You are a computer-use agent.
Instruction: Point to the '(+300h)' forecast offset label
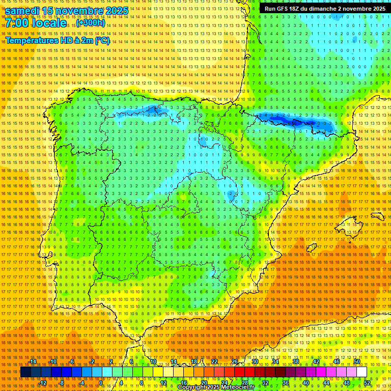pyautogui.click(x=91, y=23)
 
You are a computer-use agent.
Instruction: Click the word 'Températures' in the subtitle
pyautogui.click(x=31, y=40)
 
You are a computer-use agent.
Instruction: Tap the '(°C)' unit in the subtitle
pyautogui.click(x=102, y=40)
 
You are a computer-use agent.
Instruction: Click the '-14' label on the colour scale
pyautogui.click(x=33, y=361)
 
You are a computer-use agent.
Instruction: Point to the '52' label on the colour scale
pyautogui.click(x=367, y=383)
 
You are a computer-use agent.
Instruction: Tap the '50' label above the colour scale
pyautogui.click(x=357, y=361)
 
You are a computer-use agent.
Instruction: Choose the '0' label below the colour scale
pyautogui.click(x=101, y=383)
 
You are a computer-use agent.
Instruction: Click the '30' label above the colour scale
pyautogui.click(x=255, y=361)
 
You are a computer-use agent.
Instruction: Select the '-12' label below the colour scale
pyautogui.click(x=43, y=383)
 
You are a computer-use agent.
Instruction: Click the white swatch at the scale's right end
pyautogui.click(x=361, y=372)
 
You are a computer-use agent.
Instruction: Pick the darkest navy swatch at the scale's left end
pyautogui.click(x=25, y=372)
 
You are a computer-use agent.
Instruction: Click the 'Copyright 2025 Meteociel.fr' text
pyautogui.click(x=216, y=387)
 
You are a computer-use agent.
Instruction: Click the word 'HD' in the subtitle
pyautogui.click(x=74, y=40)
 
